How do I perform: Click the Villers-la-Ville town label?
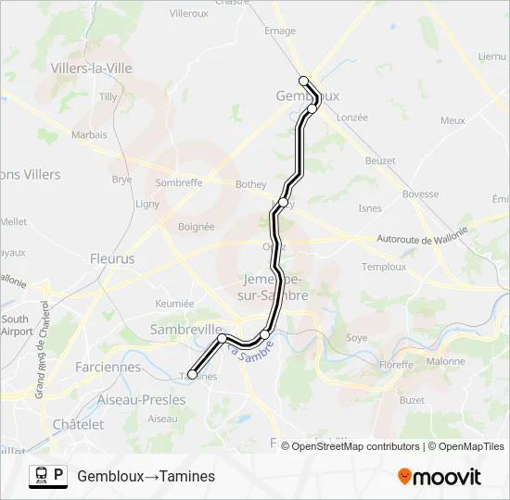[92, 69]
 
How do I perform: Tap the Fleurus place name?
[112, 259]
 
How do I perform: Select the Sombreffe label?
[179, 182]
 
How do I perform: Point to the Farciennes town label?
[108, 367]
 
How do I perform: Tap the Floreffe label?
[395, 366]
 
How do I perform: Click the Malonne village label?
[446, 361]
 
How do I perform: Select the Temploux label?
[384, 267]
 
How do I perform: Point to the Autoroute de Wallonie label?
[429, 240]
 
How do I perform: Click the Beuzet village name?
[380, 160]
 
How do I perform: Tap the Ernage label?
[280, 31]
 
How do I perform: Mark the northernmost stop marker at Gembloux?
[304, 81]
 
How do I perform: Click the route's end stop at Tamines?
[192, 375]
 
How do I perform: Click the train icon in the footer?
[40, 476]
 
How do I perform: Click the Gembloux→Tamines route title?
[147, 476]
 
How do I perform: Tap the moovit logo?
[440, 477]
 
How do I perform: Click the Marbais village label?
[89, 134]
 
